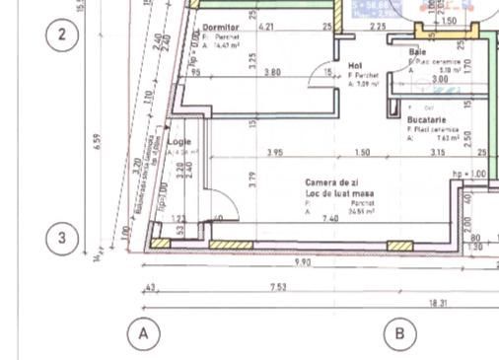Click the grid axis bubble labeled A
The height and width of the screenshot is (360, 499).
coord(143,333)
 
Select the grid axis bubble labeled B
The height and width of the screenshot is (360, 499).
coord(399,333)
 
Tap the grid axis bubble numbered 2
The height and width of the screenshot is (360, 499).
coord(62,36)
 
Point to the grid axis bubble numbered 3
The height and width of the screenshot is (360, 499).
coord(62,238)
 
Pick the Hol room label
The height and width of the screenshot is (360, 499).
coord(355,66)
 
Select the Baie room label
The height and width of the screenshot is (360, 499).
coord(417,51)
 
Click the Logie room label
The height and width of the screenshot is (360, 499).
coord(178,141)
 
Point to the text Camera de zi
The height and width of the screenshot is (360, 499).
coord(331,183)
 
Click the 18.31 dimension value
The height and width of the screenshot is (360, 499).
coord(437,304)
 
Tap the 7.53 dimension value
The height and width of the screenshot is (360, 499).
coord(279,287)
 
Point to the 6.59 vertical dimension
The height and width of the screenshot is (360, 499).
coord(97,142)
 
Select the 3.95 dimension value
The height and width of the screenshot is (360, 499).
coord(275,153)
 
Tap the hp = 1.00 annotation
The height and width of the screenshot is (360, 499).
coord(469,174)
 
